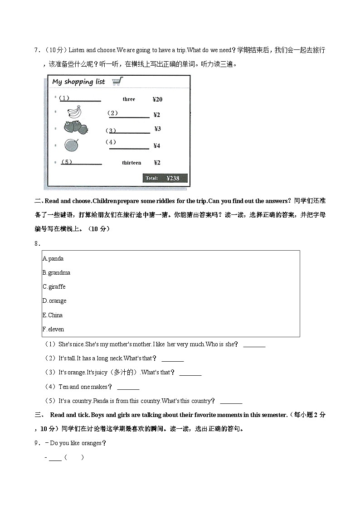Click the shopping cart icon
coord(117,82)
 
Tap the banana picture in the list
coord(74,111)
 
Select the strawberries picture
coord(75,127)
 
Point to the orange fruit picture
coord(71,145)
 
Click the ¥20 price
coord(157,99)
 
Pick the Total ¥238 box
coord(165,178)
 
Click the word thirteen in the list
coord(131,163)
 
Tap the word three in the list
coord(129,99)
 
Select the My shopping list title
coord(78,82)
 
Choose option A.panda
coord(53,259)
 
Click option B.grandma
coord(56,273)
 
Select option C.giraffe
coord(54,287)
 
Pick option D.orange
coord(54,301)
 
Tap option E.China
coord(53,315)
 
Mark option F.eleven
coord(54,330)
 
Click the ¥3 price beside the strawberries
coord(157,129)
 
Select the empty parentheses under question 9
coord(74,457)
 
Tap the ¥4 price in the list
coord(156,146)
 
